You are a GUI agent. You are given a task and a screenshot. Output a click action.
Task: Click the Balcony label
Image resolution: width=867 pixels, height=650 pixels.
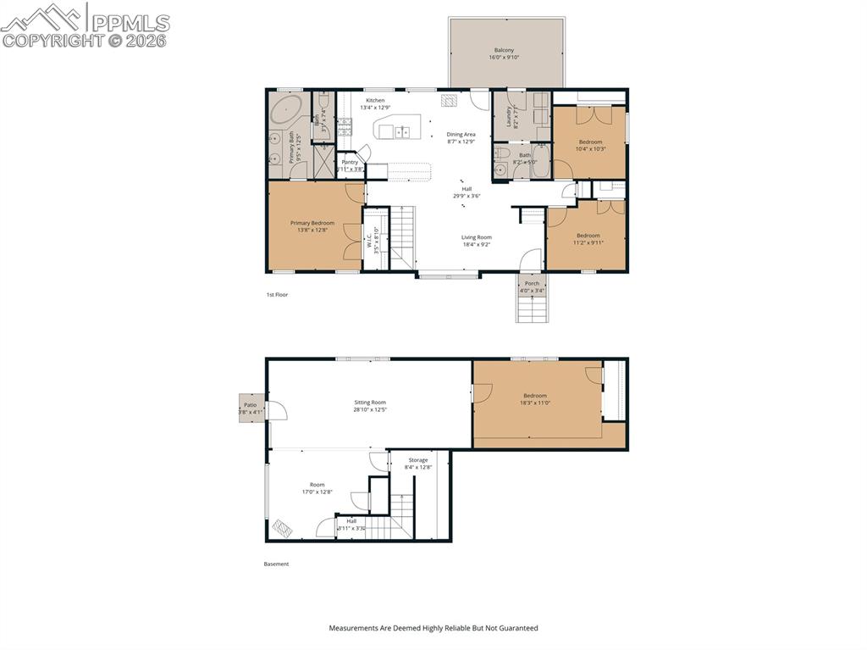505,50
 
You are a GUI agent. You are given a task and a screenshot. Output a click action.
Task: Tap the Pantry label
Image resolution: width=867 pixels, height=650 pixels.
350,162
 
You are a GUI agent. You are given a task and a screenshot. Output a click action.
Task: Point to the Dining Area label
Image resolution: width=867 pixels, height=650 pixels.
461,134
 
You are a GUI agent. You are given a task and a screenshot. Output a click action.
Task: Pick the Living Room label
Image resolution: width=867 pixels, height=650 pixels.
477,237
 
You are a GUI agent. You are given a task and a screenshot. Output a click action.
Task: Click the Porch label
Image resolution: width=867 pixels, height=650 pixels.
532,283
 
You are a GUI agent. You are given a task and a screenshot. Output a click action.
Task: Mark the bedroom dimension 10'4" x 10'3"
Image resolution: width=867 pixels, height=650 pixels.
591,149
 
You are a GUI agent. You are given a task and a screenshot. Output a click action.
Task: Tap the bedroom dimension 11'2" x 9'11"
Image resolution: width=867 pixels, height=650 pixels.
588,242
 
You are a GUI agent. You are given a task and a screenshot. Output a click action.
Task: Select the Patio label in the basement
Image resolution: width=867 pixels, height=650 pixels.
250,405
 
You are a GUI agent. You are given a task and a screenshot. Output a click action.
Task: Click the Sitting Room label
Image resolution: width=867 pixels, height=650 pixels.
370,403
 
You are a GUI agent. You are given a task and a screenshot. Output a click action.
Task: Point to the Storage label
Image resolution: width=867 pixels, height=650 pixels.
418,460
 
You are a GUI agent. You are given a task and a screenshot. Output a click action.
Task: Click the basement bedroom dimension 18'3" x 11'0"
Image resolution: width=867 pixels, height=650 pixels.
535,403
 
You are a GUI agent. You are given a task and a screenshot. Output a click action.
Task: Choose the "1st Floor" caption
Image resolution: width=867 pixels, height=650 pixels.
278,294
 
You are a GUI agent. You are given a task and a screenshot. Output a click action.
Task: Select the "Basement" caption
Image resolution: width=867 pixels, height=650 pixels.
276,564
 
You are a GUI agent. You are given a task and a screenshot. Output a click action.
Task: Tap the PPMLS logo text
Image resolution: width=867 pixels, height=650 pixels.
130,23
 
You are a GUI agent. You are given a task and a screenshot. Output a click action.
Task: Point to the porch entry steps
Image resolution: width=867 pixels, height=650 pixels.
533,307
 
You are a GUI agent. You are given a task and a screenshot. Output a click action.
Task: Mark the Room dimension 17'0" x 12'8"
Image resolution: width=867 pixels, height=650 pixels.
318,492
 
